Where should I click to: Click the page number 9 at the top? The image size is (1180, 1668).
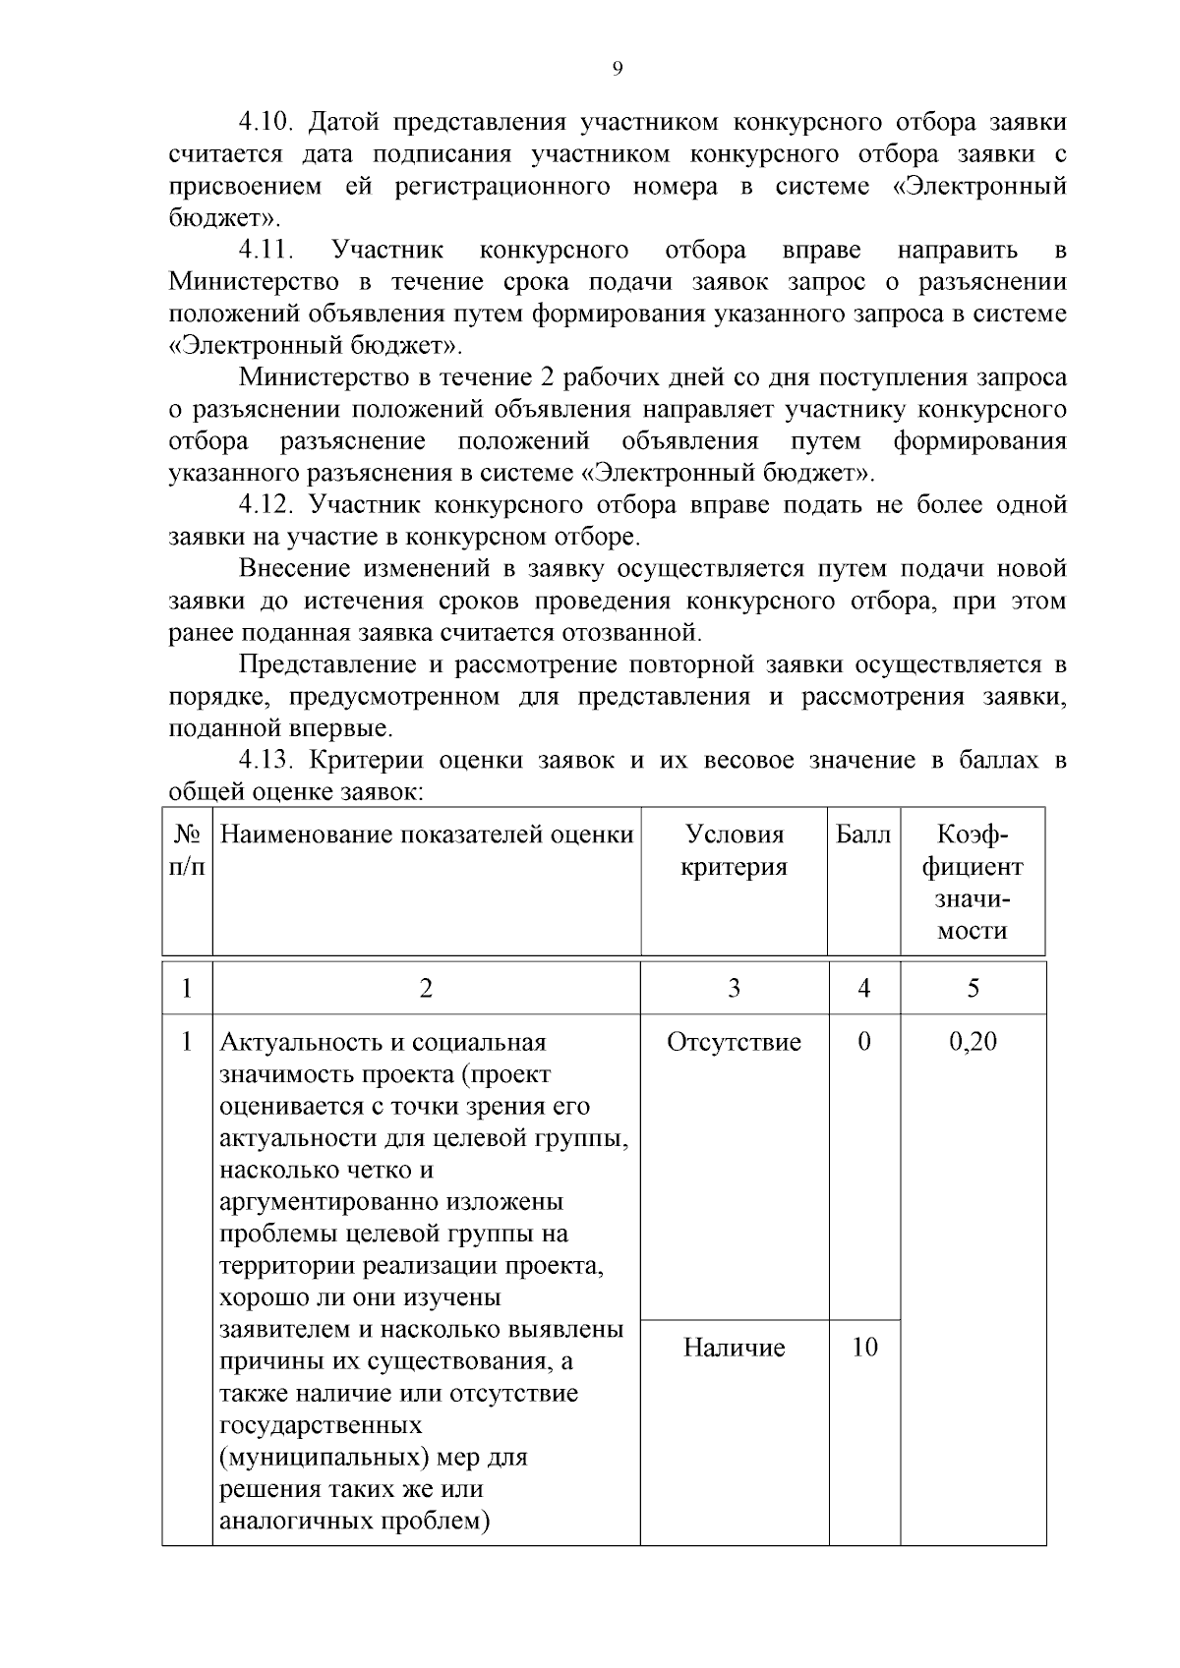[x=617, y=68]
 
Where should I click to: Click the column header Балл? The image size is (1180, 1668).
[x=862, y=835]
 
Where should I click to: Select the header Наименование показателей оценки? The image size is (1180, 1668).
[x=427, y=835]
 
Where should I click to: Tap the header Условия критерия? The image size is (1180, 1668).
[x=734, y=851]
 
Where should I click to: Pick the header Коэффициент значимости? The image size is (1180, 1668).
[x=973, y=883]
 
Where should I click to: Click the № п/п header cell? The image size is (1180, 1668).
[x=187, y=851]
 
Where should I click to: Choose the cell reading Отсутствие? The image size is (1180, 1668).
[x=734, y=1042]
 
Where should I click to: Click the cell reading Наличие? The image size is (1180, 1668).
[x=734, y=1348]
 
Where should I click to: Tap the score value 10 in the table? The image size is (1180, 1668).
[x=863, y=1348]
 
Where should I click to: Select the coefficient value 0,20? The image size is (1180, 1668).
[x=973, y=1042]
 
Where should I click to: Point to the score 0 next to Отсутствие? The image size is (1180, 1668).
[x=863, y=1042]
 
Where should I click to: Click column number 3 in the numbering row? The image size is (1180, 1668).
[x=734, y=989]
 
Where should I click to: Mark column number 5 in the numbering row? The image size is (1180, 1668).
[x=973, y=989]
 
